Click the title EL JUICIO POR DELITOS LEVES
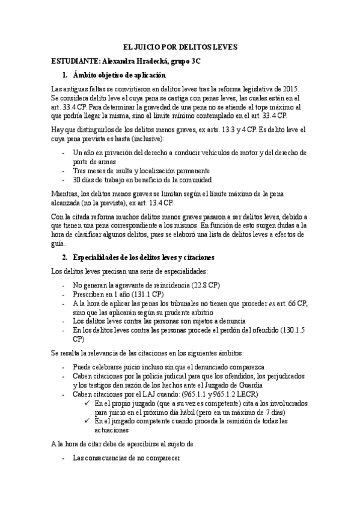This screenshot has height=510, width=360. tap(180, 46)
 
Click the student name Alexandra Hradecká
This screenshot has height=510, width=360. tap(133, 61)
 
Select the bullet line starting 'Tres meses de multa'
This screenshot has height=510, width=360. tap(141, 171)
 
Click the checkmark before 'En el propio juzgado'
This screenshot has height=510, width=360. tap(88, 404)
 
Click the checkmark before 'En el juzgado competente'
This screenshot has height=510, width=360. tap(88, 422)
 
